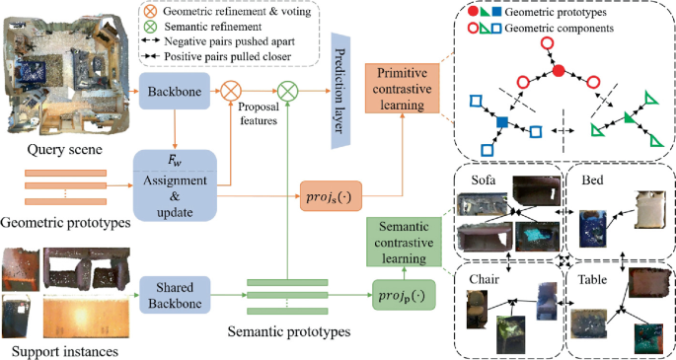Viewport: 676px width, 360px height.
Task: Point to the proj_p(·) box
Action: [401, 293]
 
